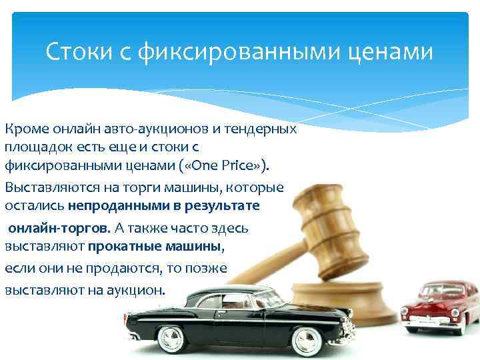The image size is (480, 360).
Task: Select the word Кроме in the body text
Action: click(x=24, y=128)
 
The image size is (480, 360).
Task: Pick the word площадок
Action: click(x=33, y=146)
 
